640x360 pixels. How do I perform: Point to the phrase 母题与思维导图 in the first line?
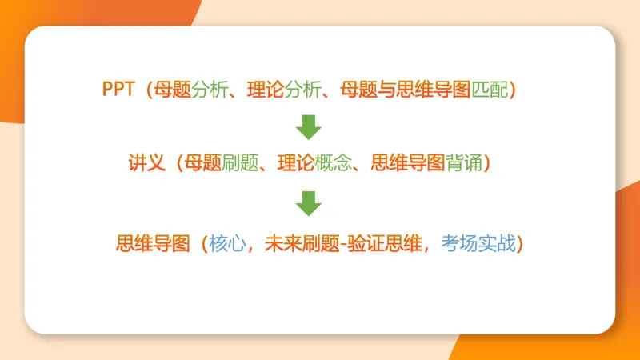406,89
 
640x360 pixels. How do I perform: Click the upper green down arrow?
308,126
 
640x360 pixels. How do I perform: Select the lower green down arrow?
308,202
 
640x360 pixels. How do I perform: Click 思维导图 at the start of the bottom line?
153,242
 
